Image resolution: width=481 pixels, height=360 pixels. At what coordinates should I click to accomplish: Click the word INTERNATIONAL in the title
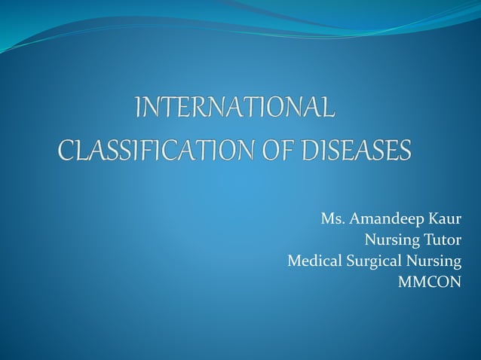point(234,108)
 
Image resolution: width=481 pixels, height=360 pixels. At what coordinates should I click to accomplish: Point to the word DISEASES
point(355,150)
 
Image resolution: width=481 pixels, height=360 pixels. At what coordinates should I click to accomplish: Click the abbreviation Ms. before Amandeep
point(332,220)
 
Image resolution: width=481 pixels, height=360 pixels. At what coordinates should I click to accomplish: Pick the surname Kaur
point(444,220)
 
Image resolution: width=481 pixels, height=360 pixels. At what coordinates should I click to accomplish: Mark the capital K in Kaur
point(432,220)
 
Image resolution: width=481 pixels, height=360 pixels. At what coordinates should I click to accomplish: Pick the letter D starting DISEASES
point(309,150)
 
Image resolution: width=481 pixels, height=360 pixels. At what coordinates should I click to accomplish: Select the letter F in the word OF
point(284,150)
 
